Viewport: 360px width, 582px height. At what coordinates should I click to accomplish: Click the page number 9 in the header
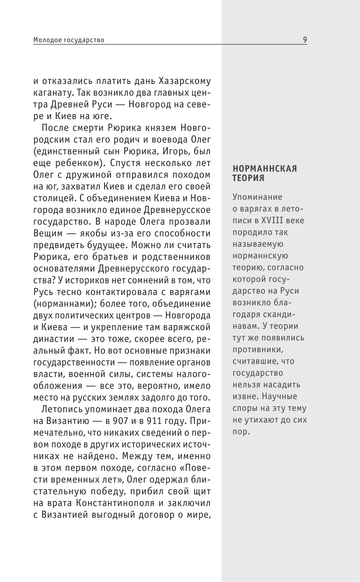pyautogui.click(x=305, y=40)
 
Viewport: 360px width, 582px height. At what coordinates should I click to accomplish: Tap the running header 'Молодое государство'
pyautogui.click(x=68, y=40)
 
